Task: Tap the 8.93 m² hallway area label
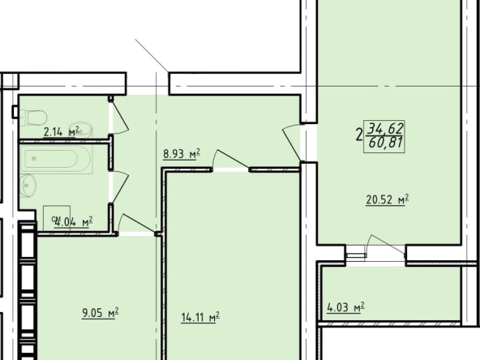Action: click(x=182, y=153)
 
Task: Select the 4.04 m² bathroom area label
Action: click(x=74, y=221)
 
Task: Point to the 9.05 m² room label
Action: click(x=100, y=313)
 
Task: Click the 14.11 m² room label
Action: click(x=200, y=317)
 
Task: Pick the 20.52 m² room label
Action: click(x=388, y=199)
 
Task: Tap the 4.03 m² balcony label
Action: click(x=345, y=306)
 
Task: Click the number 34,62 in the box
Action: click(x=385, y=128)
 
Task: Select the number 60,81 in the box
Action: click(x=385, y=142)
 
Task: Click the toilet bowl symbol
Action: click(x=34, y=118)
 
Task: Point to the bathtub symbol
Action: click(x=56, y=159)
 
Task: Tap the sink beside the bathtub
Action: click(x=28, y=186)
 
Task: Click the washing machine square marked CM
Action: click(x=57, y=218)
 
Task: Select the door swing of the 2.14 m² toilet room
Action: click(x=119, y=116)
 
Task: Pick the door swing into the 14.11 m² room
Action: click(x=230, y=159)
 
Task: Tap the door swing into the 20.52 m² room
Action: click(x=291, y=143)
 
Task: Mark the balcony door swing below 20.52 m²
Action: click(x=386, y=245)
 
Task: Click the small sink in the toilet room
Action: click(x=81, y=131)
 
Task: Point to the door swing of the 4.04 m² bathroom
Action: click(x=120, y=186)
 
